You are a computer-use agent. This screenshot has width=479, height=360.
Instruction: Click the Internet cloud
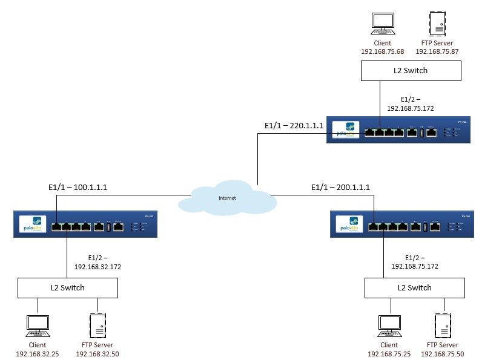click(228, 198)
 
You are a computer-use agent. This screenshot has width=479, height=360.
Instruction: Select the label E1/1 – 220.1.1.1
click(294, 126)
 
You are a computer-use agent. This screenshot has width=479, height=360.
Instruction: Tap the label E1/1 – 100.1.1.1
click(78, 188)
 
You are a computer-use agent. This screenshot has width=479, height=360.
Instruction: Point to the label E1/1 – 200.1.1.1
click(340, 188)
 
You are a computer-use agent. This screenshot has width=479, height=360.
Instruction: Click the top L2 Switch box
click(411, 71)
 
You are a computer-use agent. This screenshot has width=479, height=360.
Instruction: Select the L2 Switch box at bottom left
click(67, 288)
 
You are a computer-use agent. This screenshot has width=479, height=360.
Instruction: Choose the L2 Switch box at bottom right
click(415, 288)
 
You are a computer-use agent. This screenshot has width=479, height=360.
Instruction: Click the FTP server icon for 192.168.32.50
click(97, 326)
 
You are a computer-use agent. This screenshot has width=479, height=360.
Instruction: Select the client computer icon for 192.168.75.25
click(388, 326)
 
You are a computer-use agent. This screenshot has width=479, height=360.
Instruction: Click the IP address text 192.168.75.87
click(437, 52)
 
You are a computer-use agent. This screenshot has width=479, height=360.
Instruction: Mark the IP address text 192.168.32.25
click(37, 353)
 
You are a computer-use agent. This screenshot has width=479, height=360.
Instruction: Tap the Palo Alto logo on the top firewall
click(346, 129)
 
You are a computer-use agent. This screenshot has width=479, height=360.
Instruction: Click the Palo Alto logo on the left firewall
click(34, 224)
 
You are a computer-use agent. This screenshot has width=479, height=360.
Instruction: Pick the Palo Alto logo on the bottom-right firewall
click(349, 224)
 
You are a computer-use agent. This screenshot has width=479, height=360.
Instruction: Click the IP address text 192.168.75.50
click(443, 353)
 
